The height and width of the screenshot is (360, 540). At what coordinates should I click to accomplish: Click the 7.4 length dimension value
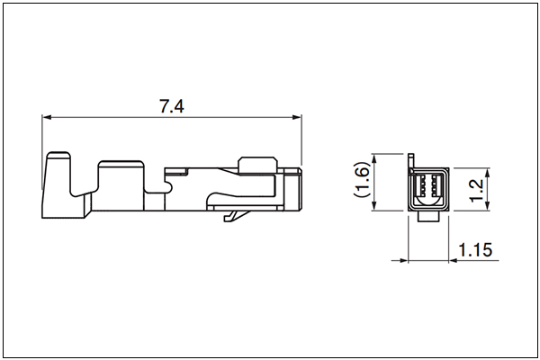click(x=172, y=106)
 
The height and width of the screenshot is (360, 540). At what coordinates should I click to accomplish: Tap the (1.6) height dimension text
click(x=362, y=179)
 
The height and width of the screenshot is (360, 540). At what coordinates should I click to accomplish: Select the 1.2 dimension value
click(x=477, y=191)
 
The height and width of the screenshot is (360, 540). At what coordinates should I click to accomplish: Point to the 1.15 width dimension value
click(x=475, y=250)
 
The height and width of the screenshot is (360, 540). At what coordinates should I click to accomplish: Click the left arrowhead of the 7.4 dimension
click(x=47, y=117)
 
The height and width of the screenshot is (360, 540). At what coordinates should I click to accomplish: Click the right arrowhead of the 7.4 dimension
click(x=297, y=117)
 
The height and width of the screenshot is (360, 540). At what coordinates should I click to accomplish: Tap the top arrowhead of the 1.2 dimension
click(x=487, y=173)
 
